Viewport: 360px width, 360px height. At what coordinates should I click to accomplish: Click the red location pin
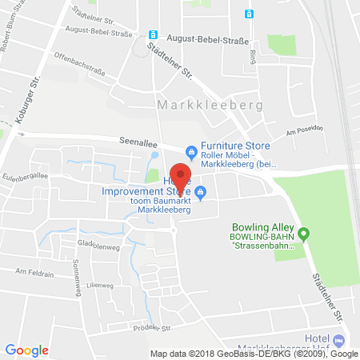coord(182,177)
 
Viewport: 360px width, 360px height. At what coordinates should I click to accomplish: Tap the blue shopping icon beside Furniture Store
coord(190,151)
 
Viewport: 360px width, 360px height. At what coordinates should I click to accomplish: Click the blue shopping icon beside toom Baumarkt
coord(201,191)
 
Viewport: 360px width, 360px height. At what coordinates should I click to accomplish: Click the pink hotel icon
coord(338,339)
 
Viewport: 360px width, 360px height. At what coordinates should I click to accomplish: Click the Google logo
coord(26,349)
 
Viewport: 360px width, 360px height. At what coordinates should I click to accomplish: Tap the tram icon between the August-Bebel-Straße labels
coord(152,35)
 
